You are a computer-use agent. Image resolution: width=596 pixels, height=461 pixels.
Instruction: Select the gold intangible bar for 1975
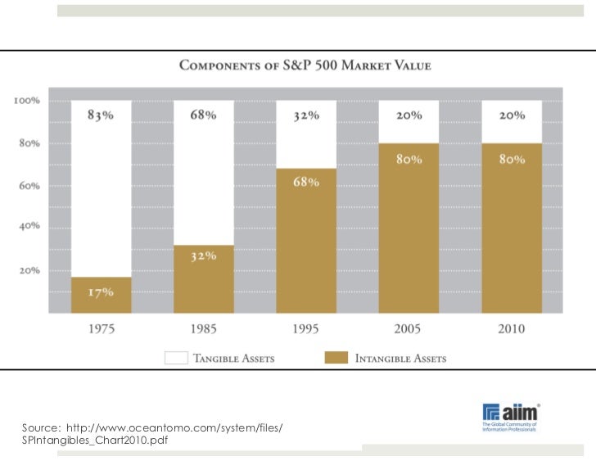[102, 295]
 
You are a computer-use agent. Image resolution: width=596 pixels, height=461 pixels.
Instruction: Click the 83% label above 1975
[101, 115]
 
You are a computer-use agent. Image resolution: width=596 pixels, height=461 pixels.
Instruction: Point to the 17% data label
[102, 291]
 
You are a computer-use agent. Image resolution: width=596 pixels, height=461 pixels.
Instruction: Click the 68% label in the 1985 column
[203, 115]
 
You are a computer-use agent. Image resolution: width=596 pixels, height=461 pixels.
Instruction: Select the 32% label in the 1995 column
[306, 115]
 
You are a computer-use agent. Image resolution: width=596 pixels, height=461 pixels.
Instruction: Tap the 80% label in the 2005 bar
[409, 159]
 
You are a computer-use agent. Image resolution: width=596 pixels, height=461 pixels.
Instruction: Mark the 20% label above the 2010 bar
[512, 115]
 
